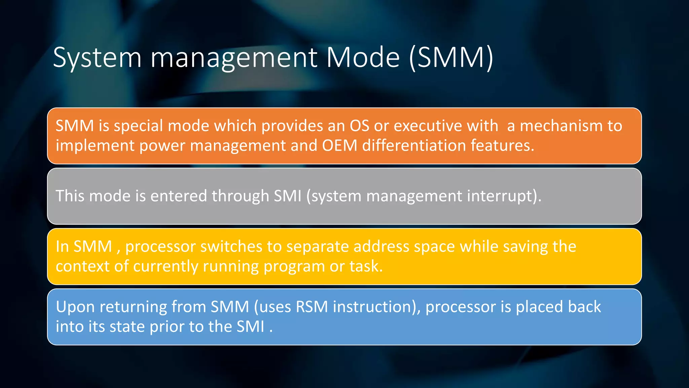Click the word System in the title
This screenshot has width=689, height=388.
click(97, 58)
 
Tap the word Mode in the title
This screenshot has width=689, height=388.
click(363, 58)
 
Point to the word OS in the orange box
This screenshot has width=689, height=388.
click(359, 126)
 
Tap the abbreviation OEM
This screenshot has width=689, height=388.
click(339, 145)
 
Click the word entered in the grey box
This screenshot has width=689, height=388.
click(178, 196)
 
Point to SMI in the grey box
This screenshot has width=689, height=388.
click(288, 196)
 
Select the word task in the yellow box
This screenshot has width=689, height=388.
click(366, 266)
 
